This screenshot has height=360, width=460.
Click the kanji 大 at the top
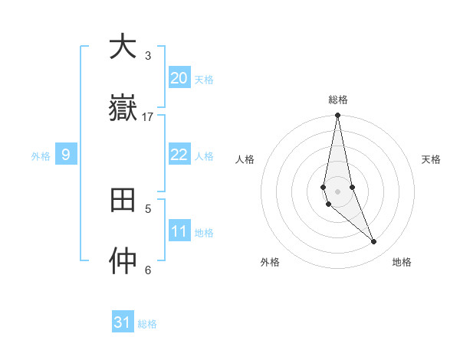[x=123, y=47]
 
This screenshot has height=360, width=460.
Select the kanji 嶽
[x=123, y=108]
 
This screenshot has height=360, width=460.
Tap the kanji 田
[x=123, y=200]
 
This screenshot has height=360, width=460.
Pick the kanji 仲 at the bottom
[x=123, y=261]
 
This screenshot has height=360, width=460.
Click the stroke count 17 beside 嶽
[x=148, y=116]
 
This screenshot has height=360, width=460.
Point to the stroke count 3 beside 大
[x=148, y=55]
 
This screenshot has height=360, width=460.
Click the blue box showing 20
[x=179, y=78]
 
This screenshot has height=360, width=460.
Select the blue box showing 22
[x=179, y=155]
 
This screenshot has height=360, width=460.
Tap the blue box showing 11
[x=179, y=231]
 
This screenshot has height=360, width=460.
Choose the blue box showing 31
[x=123, y=322]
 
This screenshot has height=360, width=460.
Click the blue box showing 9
[x=66, y=155]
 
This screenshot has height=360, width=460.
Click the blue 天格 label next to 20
[x=203, y=80]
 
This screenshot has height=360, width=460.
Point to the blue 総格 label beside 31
[x=147, y=324]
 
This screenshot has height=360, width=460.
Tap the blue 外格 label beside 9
[x=41, y=156]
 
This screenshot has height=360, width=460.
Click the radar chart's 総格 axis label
[x=338, y=100]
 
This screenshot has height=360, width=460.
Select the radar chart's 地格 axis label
[x=402, y=262]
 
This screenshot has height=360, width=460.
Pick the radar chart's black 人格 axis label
[x=245, y=159]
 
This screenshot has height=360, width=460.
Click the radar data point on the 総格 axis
[x=337, y=116]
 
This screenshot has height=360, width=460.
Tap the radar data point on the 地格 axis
[x=374, y=242]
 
